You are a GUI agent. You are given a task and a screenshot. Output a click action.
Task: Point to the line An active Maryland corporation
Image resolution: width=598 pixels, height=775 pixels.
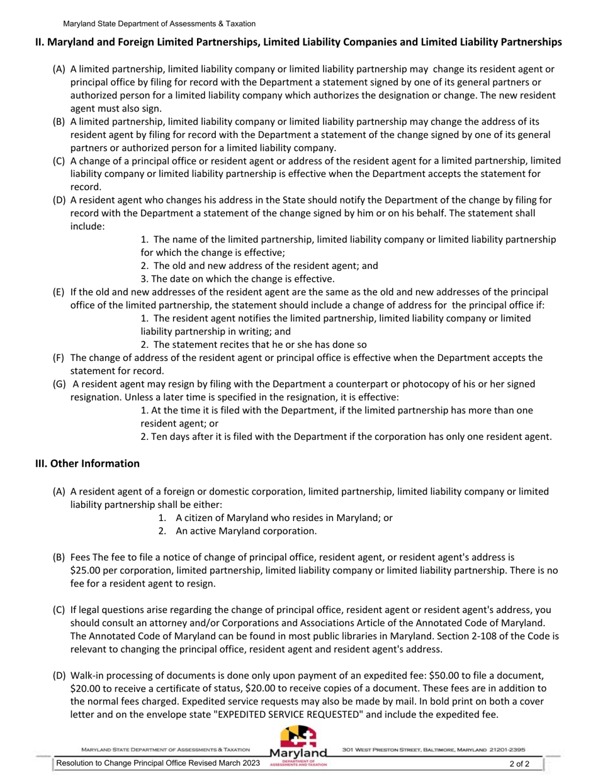pyautogui.click(x=245, y=531)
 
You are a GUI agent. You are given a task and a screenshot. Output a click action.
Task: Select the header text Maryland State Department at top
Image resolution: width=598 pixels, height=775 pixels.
pyautogui.click(x=159, y=23)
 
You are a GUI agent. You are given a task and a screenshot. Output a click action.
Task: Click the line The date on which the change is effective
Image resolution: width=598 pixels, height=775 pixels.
pyautogui.click(x=237, y=278)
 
